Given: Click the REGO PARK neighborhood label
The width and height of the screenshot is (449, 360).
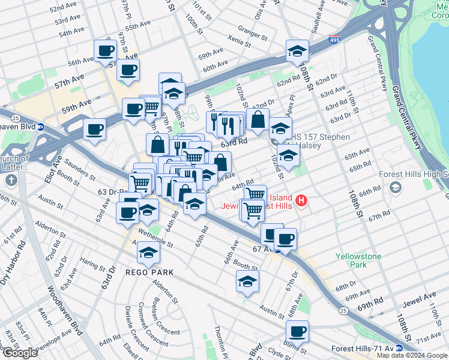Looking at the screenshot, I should click(x=149, y=272).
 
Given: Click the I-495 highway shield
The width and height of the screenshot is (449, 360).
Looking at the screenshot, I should click(x=336, y=40).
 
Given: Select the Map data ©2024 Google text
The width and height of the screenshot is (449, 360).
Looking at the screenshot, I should click(x=412, y=355).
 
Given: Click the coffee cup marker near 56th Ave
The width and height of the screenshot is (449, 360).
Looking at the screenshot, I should click(x=106, y=51).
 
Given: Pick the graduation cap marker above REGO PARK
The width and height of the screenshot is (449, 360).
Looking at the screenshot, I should click(x=148, y=253).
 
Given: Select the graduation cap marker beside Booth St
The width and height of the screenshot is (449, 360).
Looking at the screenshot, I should click(x=247, y=281).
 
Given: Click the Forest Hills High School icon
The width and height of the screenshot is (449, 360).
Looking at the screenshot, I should click(x=396, y=188).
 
